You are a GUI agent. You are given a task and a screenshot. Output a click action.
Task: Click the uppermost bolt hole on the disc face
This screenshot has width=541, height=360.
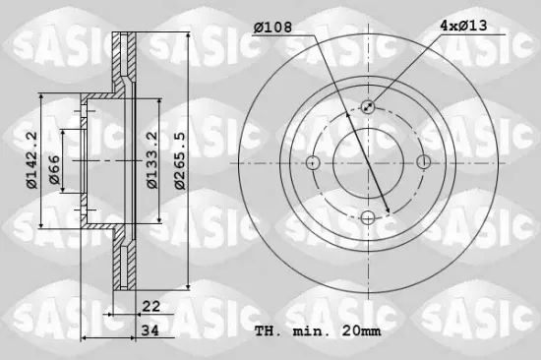(369, 107)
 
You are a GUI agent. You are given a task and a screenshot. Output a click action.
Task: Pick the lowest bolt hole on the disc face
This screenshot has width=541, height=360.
(369, 217)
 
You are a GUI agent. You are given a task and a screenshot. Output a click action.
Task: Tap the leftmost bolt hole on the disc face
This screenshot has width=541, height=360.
(314, 162)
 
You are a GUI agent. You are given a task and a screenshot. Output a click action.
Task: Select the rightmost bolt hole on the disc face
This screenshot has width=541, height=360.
(424, 162)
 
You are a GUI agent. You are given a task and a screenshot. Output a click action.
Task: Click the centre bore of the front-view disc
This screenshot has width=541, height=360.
(369, 162)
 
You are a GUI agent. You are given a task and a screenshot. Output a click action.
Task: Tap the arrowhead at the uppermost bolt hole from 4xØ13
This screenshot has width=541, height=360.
(373, 102)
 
